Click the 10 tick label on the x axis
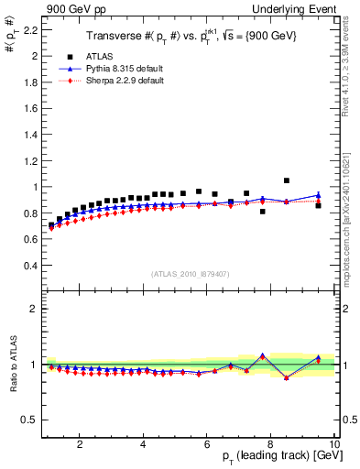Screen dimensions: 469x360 tap(334, 445)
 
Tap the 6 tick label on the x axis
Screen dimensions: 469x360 tap(207, 445)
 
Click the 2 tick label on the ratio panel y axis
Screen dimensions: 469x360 tap(32, 309)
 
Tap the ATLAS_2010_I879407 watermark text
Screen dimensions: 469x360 tap(191, 273)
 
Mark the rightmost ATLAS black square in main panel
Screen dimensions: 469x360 tap(318, 205)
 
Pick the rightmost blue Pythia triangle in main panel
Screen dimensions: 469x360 tap(318, 195)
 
